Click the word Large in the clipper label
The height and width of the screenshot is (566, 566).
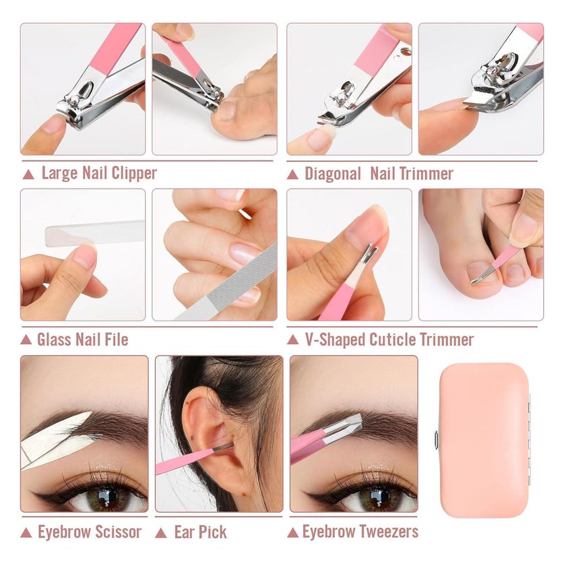[59, 173]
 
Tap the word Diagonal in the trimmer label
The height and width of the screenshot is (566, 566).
[332, 174]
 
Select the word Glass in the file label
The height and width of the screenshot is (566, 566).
[53, 340]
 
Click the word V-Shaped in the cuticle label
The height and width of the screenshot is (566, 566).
[335, 340]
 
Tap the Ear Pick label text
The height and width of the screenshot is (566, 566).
[200, 532]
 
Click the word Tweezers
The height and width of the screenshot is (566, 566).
[385, 532]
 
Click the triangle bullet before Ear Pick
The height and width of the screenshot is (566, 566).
[161, 533]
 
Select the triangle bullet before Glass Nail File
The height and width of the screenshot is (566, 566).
[26, 340]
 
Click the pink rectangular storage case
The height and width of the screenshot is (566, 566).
[484, 440]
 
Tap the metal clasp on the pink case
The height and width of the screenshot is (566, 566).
[437, 441]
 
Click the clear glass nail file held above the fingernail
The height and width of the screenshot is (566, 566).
[94, 233]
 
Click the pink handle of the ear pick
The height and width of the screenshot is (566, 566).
[183, 462]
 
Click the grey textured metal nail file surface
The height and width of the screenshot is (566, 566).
[243, 277]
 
